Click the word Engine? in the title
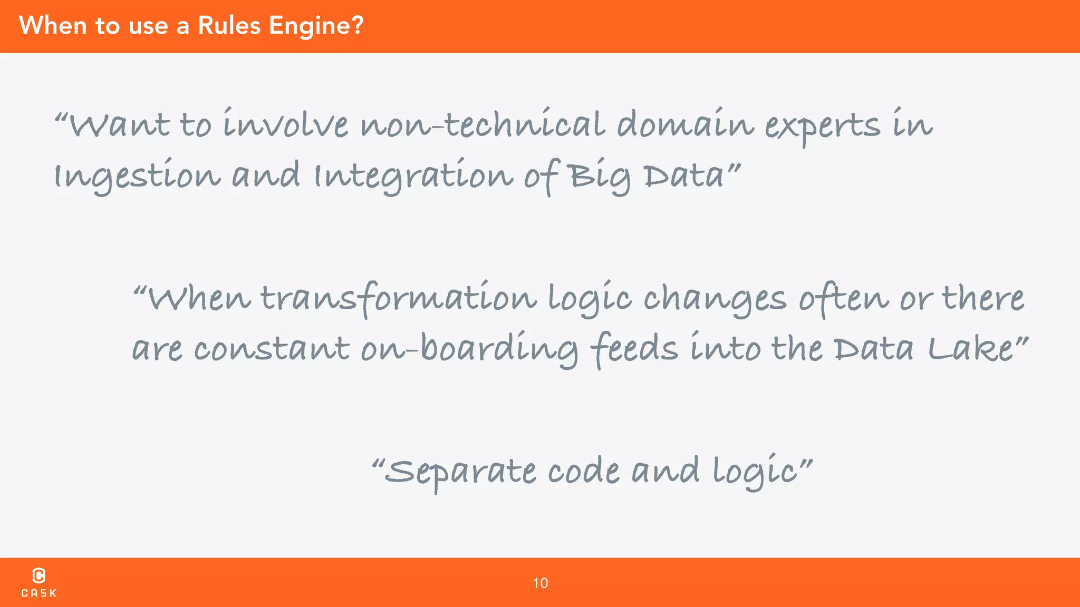[316, 26]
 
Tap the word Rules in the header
[229, 25]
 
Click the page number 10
[540, 583]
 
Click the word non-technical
[482, 125]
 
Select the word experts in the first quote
[822, 126]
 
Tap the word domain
[685, 125]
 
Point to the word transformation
[399, 298]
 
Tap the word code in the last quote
[584, 471]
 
